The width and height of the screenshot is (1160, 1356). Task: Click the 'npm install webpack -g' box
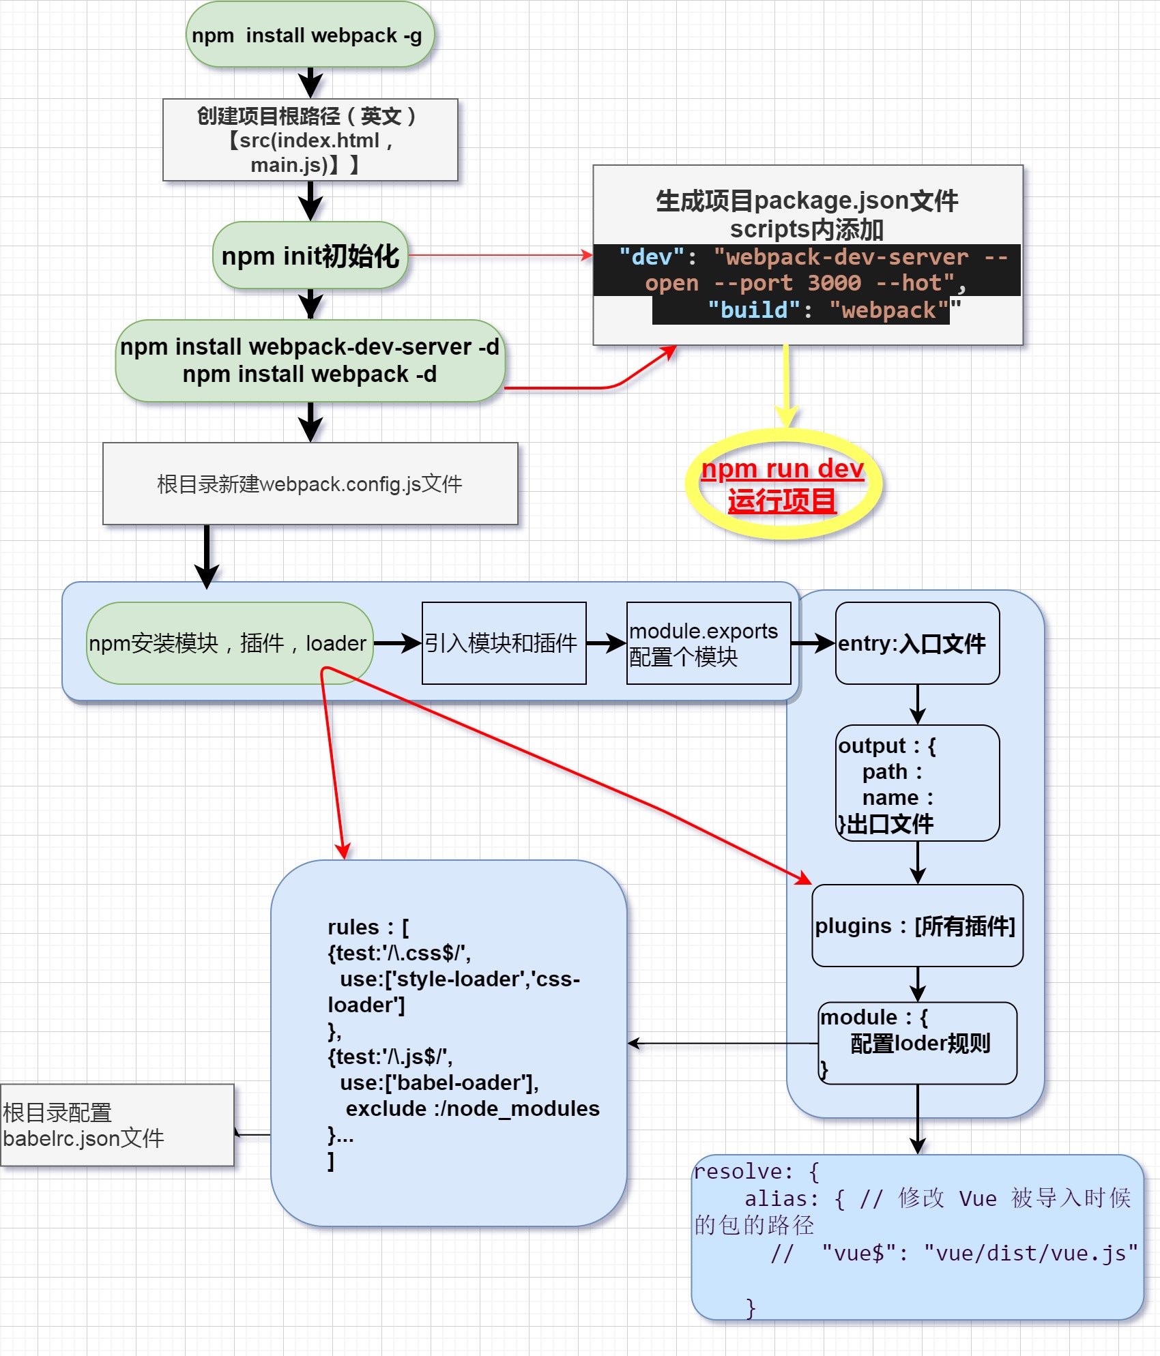pyautogui.click(x=310, y=35)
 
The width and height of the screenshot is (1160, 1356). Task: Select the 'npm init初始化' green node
pyautogui.click(x=310, y=256)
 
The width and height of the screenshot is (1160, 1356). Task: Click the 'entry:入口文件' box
pyautogui.click(x=917, y=643)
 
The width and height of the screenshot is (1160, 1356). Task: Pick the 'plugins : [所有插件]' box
pyautogui.click(x=917, y=926)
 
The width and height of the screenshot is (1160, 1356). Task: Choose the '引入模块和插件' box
pyautogui.click(x=504, y=643)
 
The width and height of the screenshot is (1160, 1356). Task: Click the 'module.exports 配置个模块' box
pyautogui.click(x=708, y=643)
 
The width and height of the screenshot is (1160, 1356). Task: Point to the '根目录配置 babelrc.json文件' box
pyautogui.click(x=117, y=1125)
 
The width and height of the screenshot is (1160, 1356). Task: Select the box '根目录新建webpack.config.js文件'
pyautogui.click(x=310, y=484)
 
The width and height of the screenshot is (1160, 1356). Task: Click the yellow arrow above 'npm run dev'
pyautogui.click(x=786, y=385)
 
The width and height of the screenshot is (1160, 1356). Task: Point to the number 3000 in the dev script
pyautogui.click(x=834, y=283)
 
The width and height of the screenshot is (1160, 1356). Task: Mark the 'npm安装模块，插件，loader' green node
pyautogui.click(x=229, y=643)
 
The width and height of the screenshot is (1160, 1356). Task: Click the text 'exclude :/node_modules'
pyautogui.click(x=472, y=1108)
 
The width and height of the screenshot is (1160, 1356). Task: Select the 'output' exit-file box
pyautogui.click(x=917, y=783)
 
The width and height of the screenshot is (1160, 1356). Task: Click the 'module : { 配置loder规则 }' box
pyautogui.click(x=917, y=1043)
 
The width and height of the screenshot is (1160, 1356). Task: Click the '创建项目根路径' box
pyautogui.click(x=310, y=140)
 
